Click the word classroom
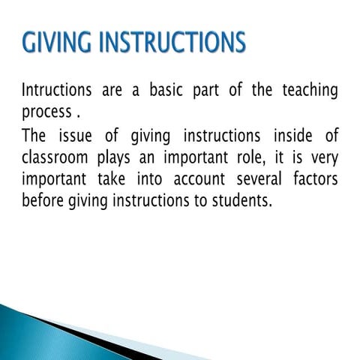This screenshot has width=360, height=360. (x=58, y=158)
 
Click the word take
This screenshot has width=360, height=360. (x=114, y=180)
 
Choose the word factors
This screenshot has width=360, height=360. (x=315, y=180)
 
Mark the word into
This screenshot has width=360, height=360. (x=153, y=180)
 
